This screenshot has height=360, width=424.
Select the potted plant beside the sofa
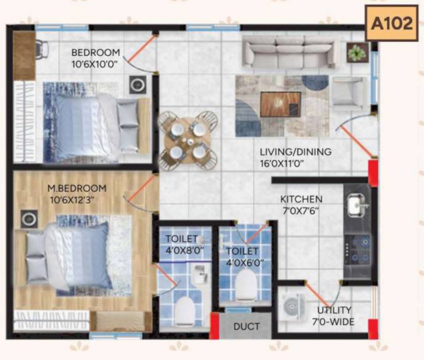pyautogui.click(x=357, y=52)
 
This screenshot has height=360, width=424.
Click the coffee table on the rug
pyautogui.click(x=281, y=104)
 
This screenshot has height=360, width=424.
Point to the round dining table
pyautogui.click(x=187, y=139)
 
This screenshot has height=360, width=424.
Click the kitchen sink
pyautogui.click(x=357, y=205)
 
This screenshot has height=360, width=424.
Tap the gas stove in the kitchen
pyautogui.click(x=358, y=249)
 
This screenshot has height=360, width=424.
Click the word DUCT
pyautogui.click(x=246, y=327)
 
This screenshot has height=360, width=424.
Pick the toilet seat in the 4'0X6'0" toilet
pyautogui.click(x=246, y=285)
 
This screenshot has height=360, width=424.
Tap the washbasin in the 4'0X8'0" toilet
pyautogui.click(x=200, y=273)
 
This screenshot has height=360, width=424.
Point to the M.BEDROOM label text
pyautogui.click(x=77, y=188)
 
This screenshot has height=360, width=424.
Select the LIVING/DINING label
pyautogui.click(x=296, y=152)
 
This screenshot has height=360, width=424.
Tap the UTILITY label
pyautogui.click(x=334, y=310)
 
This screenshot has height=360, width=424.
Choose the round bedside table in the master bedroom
pyautogui.click(x=29, y=218)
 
